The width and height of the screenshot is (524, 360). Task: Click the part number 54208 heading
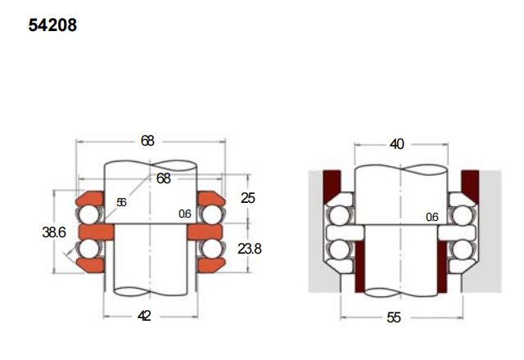(52, 25)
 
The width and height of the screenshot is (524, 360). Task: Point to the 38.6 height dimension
(54, 232)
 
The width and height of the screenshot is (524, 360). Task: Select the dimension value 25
(247, 198)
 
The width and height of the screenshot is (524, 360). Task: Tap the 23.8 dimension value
(249, 249)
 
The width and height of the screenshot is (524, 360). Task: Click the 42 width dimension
(144, 316)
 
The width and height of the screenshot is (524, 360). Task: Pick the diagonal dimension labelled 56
(121, 202)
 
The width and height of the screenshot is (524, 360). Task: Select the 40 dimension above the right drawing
(396, 144)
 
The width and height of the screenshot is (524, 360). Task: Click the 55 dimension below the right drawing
(394, 317)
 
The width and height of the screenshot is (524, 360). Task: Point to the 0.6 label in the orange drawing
(185, 214)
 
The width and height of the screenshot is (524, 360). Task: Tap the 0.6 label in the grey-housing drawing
(431, 218)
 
